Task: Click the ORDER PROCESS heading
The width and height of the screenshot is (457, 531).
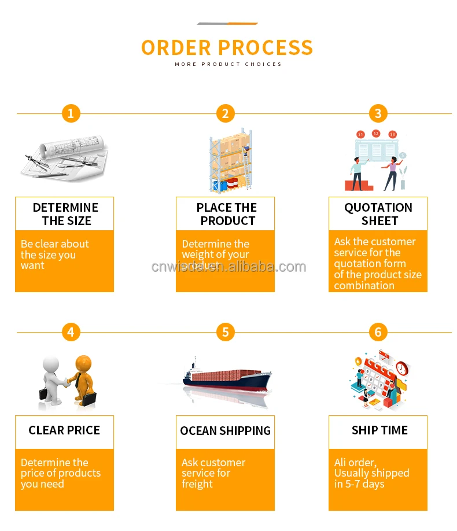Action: coord(227,47)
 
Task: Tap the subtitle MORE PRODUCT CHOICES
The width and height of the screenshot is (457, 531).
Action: coord(228,64)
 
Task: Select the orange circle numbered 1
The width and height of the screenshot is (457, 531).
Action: coord(71,113)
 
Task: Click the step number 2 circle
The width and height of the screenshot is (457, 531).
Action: coord(225,113)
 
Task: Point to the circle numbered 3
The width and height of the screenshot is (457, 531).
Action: coord(378,113)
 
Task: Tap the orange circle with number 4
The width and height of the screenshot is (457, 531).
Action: coord(71,332)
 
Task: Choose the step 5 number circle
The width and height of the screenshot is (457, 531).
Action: coord(225,332)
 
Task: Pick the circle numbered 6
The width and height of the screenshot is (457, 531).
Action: coord(378,332)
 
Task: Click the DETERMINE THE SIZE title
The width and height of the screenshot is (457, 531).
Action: coord(65,214)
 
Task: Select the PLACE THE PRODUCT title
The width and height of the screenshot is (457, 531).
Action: coord(226,214)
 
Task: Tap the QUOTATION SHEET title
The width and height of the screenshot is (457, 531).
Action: coord(378,214)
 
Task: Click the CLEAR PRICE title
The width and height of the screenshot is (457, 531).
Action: coord(64,430)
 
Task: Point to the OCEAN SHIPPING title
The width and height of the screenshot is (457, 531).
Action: coord(226,431)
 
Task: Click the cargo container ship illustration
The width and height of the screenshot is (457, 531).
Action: coord(227,378)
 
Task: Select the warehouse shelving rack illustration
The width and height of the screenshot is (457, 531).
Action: coord(230,160)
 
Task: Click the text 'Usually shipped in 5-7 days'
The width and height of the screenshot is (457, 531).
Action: coord(371,478)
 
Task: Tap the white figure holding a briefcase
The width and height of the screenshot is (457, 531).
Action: coord(54,379)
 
